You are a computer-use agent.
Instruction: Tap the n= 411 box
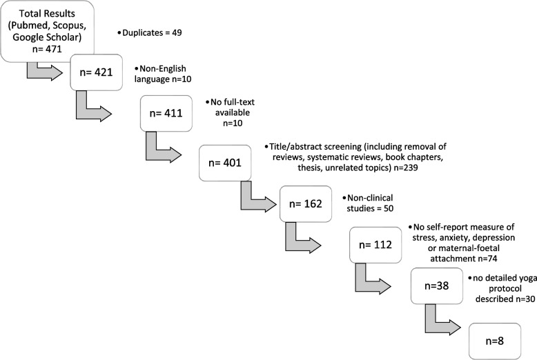pos(169,113)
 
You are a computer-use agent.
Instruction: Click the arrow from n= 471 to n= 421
pos(43,71)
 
